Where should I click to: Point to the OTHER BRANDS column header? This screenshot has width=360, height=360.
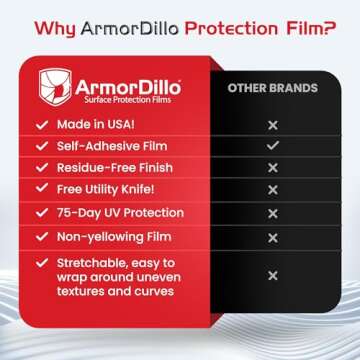[x=272, y=87]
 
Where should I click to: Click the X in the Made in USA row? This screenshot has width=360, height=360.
[x=272, y=125]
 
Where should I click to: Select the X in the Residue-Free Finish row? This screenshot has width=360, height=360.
[x=272, y=168]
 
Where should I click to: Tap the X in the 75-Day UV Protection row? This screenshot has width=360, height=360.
[x=272, y=213]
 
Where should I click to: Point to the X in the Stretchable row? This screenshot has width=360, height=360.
[x=272, y=275]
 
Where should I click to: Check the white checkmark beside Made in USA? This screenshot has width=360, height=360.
[x=40, y=125]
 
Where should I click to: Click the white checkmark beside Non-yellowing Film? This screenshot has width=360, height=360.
[x=40, y=237]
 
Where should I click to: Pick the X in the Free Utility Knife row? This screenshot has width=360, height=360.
[x=272, y=190]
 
